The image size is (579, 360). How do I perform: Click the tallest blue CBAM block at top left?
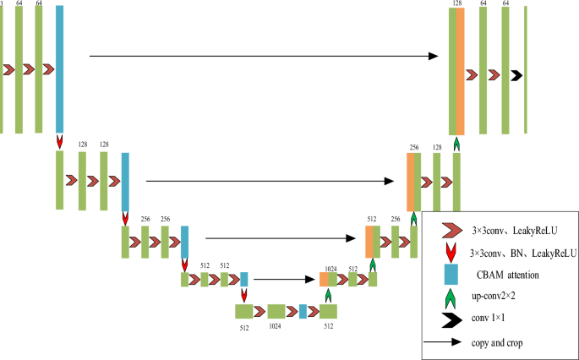pyautogui.click(x=60, y=68)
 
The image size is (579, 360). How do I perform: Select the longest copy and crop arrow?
pyautogui.click(x=263, y=57)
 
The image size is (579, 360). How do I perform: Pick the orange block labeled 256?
pyautogui.click(x=411, y=182)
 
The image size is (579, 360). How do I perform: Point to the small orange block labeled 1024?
pyautogui.click(x=325, y=280)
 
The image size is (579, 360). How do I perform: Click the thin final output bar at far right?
pyautogui.click(x=526, y=69)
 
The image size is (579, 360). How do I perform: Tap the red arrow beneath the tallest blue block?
pyautogui.click(x=60, y=141)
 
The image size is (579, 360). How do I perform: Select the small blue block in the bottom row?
pyautogui.click(x=302, y=311)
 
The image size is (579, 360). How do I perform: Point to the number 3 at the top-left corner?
pyautogui.click(x=3, y=4)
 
